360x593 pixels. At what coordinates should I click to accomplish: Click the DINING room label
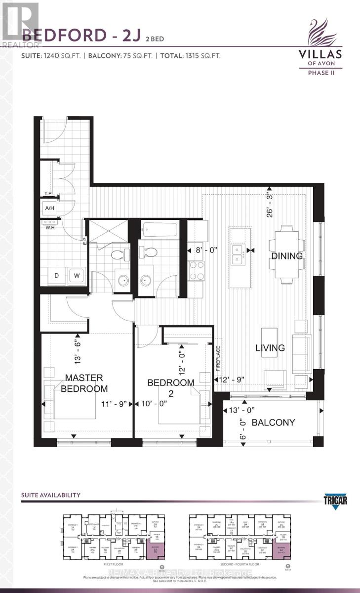286,256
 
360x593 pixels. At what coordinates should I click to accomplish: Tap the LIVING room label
270,348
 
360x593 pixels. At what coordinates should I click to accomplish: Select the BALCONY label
273,423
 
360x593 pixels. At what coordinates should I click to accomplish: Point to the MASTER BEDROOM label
83,383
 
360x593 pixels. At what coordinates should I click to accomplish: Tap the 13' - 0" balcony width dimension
242,410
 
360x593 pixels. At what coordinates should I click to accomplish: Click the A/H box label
50,209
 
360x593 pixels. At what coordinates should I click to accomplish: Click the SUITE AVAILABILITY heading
51,495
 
